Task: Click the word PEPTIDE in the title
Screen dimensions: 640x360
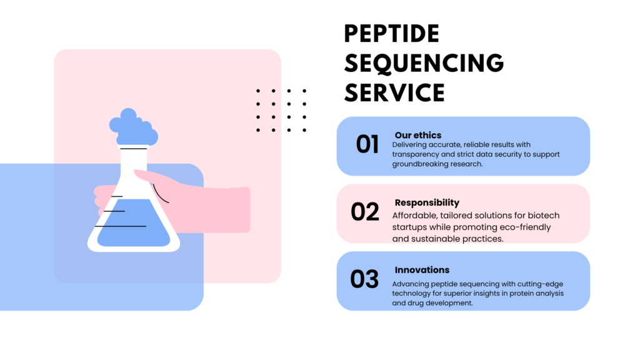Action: tap(391, 34)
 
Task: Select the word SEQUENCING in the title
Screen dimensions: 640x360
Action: tap(424, 63)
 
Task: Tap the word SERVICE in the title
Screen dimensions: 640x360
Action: tap(394, 92)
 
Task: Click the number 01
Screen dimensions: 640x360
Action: tap(367, 144)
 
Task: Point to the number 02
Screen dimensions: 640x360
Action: tap(365, 212)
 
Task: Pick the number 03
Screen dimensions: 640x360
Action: tap(364, 279)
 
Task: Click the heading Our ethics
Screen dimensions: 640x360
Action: tap(418, 135)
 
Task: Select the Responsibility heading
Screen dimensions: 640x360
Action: tap(427, 203)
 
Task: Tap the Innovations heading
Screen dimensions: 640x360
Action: tap(422, 270)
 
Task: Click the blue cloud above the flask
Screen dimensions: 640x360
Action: tap(134, 127)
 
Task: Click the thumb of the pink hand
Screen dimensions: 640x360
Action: tap(153, 177)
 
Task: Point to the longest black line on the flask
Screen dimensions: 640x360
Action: tap(121, 226)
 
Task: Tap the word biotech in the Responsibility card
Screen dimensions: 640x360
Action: tap(544, 216)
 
